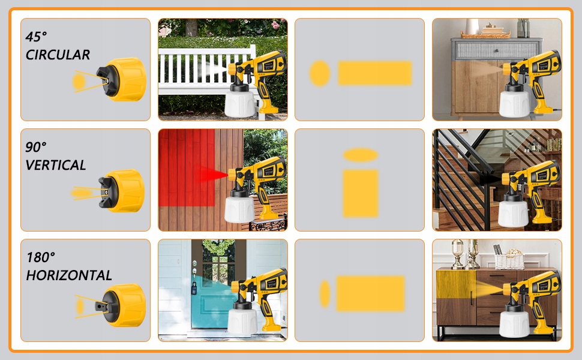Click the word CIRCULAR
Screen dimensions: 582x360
(x=58, y=55)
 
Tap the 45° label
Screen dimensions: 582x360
(x=37, y=37)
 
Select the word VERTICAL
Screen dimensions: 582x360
(x=56, y=165)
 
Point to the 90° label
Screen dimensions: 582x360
(x=36, y=146)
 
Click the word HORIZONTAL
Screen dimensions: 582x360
(x=68, y=275)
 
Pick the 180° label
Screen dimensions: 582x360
(x=40, y=257)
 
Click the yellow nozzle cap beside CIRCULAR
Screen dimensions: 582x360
(x=127, y=79)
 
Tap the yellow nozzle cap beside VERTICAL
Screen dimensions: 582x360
(x=125, y=191)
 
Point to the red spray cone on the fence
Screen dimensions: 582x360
(x=214, y=174)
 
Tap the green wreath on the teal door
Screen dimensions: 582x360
(x=218, y=247)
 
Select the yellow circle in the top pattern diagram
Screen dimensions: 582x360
(x=320, y=73)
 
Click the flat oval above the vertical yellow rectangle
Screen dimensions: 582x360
(x=361, y=155)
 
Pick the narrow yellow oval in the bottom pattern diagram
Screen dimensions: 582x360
(x=325, y=293)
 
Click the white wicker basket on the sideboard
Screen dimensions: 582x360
(x=509, y=260)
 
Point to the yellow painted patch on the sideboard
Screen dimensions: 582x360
(x=456, y=284)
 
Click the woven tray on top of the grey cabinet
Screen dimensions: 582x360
(x=485, y=35)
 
